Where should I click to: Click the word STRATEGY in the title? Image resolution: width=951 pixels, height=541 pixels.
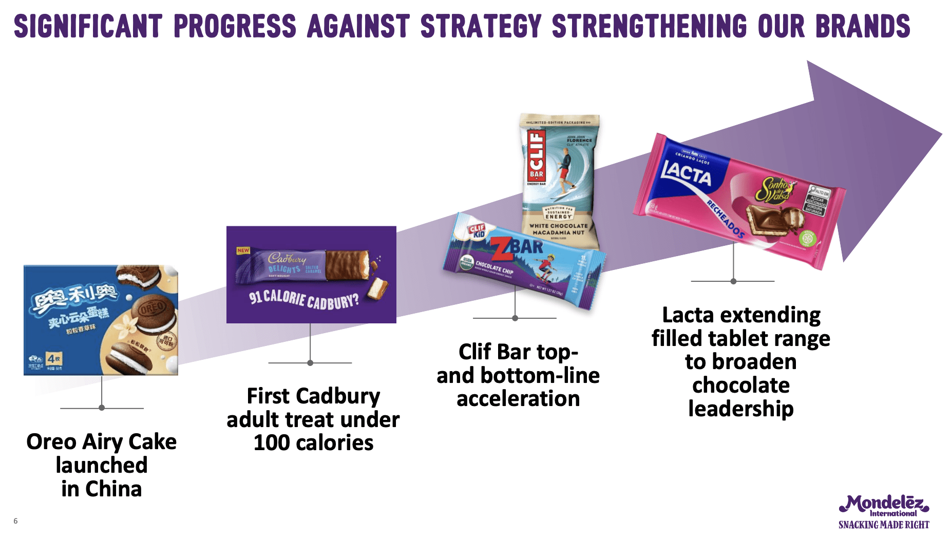pyautogui.click(x=481, y=26)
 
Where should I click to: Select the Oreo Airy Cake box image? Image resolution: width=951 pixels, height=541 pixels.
pyautogui.click(x=101, y=320)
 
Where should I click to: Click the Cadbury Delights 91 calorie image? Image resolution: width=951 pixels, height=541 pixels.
pyautogui.click(x=311, y=275)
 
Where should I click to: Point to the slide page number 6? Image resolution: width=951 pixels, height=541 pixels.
pyautogui.click(x=15, y=521)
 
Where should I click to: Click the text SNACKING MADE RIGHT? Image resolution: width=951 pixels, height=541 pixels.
pyautogui.click(x=884, y=525)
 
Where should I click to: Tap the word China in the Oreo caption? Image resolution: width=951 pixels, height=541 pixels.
pyautogui.click(x=113, y=489)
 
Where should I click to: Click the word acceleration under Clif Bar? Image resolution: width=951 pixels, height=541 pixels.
pyautogui.click(x=518, y=399)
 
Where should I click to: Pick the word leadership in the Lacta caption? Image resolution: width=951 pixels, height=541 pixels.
pyautogui.click(x=740, y=409)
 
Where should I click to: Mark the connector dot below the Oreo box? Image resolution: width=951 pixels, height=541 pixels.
pyautogui.click(x=102, y=408)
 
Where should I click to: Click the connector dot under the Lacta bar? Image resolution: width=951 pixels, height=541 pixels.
pyautogui.click(x=733, y=281)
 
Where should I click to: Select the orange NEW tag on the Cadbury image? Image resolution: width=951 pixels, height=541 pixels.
pyautogui.click(x=243, y=250)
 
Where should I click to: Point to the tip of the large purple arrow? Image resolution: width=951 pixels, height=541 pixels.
pyautogui.click(x=941, y=134)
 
